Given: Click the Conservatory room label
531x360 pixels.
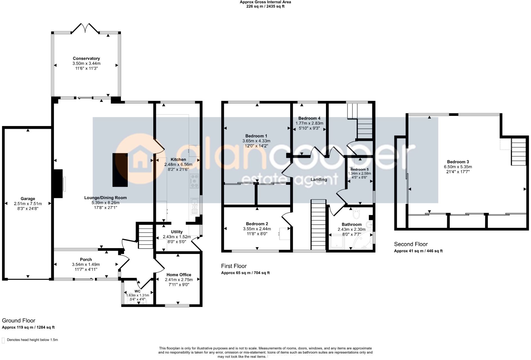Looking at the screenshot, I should [86, 58].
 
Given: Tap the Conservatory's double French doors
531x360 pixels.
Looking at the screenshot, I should [85, 28].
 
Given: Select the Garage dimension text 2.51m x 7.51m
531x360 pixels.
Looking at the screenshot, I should [28, 204].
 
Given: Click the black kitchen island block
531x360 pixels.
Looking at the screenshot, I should [120, 170].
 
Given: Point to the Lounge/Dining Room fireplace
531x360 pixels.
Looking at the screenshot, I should [58, 184].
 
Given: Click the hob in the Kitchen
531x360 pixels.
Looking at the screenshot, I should [194, 181].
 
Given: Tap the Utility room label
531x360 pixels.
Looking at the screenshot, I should [177, 232].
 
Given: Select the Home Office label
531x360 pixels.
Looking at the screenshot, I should [179, 275].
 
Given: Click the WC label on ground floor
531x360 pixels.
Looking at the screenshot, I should [137, 291].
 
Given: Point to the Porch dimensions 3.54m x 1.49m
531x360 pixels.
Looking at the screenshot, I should [86, 264].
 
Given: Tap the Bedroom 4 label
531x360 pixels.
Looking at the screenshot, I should [309, 118].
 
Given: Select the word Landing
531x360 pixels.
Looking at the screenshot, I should [319, 179].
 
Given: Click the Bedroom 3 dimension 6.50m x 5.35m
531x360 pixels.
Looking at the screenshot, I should [458, 167].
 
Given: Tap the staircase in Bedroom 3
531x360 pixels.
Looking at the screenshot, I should [518, 152].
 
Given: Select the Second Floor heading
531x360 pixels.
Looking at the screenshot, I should [411, 244].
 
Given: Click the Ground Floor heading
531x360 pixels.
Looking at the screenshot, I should [19, 320].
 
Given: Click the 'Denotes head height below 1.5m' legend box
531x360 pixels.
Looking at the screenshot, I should [3, 340].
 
